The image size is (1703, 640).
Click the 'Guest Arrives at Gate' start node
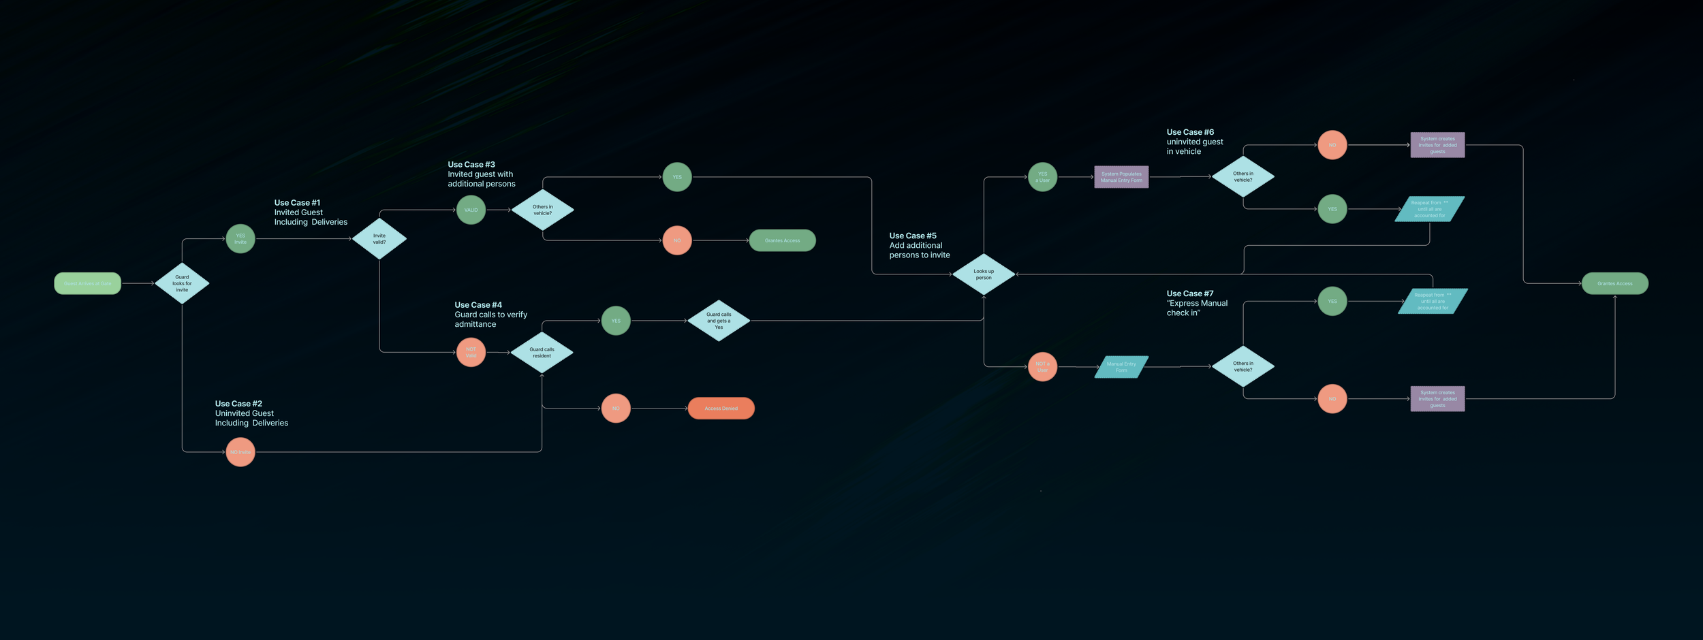(87, 283)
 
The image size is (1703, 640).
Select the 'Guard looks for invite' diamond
(182, 283)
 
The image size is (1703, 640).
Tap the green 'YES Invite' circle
(240, 239)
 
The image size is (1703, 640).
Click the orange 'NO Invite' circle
(240, 452)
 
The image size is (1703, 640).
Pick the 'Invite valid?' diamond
(379, 239)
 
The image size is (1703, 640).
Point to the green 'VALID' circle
(471, 210)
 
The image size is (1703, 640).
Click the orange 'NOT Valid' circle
(471, 352)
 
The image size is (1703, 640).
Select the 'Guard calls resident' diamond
(542, 353)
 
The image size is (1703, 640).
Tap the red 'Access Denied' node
(721, 409)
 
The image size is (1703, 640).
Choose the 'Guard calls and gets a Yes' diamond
(719, 321)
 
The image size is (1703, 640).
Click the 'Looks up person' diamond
(984, 274)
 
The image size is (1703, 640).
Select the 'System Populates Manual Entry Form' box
(1121, 177)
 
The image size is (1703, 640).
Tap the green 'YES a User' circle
(1042, 177)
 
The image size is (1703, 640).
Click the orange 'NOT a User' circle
(1042, 367)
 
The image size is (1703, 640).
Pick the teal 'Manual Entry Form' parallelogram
(1121, 367)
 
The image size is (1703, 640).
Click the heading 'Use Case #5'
(913, 236)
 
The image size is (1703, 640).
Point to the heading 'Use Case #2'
(238, 404)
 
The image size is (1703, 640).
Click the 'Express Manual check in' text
(1197, 308)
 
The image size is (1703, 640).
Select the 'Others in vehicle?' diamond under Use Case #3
(542, 210)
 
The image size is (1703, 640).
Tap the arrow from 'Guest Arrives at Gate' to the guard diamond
(138, 283)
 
